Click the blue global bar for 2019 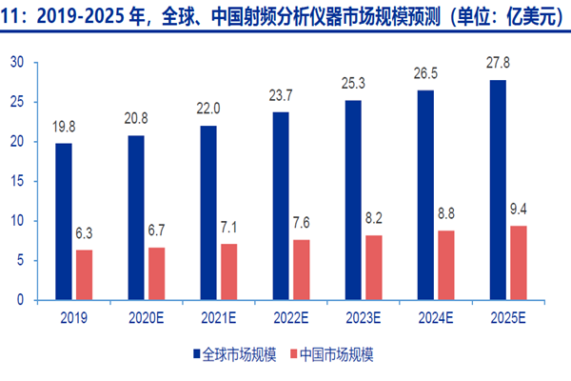point(63,221)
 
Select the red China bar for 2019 point(85,274)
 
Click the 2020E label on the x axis point(147,316)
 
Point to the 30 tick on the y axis point(16,63)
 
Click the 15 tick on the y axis point(16,181)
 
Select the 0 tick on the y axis point(20,299)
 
